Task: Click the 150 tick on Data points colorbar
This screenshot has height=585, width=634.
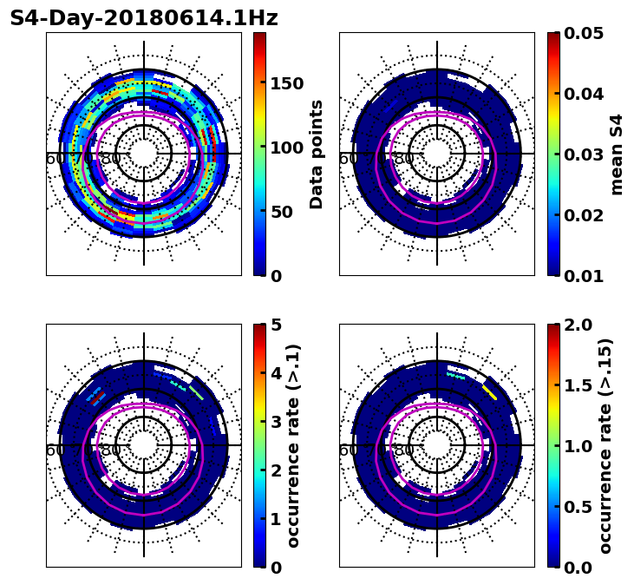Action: click(286, 83)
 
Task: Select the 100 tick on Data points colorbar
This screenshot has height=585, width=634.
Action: click(286, 148)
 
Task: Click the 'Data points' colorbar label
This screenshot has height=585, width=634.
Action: click(317, 154)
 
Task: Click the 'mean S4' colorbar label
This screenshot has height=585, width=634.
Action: click(617, 154)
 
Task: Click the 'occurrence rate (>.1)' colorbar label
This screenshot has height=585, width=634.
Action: click(293, 445)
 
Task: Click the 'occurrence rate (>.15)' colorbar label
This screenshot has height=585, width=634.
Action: click(605, 445)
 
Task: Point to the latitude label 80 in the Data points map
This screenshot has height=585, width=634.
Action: click(111, 159)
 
